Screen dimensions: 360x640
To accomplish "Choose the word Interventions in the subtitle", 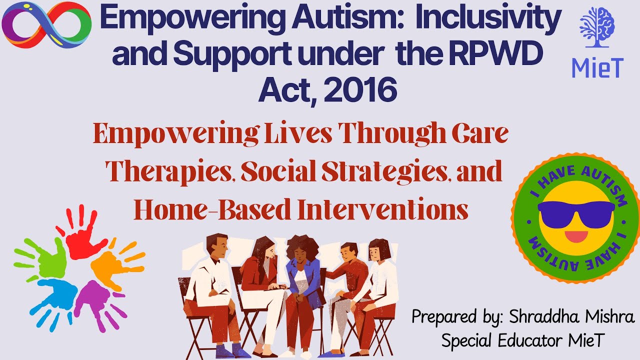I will coord(382,210).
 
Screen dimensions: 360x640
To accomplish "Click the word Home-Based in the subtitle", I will coord(212,210).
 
